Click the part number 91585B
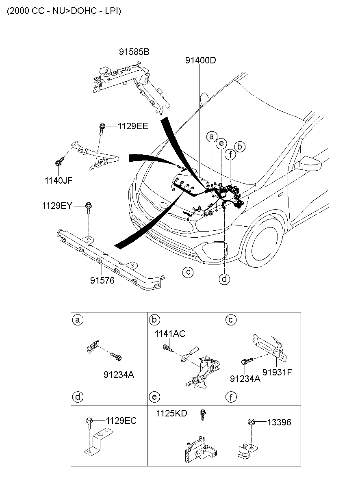tap(134, 52)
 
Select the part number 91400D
tap(200, 61)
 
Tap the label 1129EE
tap(133, 126)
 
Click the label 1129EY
tap(57, 206)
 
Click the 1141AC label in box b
tap(169, 334)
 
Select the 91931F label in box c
tap(277, 372)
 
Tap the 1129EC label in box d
tap(121, 420)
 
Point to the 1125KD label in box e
tap(172, 414)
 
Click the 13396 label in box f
tap(279, 423)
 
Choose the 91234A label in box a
tap(119, 374)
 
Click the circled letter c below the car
tap(188, 272)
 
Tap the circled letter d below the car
tap(224, 279)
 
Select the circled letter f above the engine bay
tap(230, 154)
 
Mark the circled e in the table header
tap(154, 397)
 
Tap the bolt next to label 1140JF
tap(59, 162)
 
